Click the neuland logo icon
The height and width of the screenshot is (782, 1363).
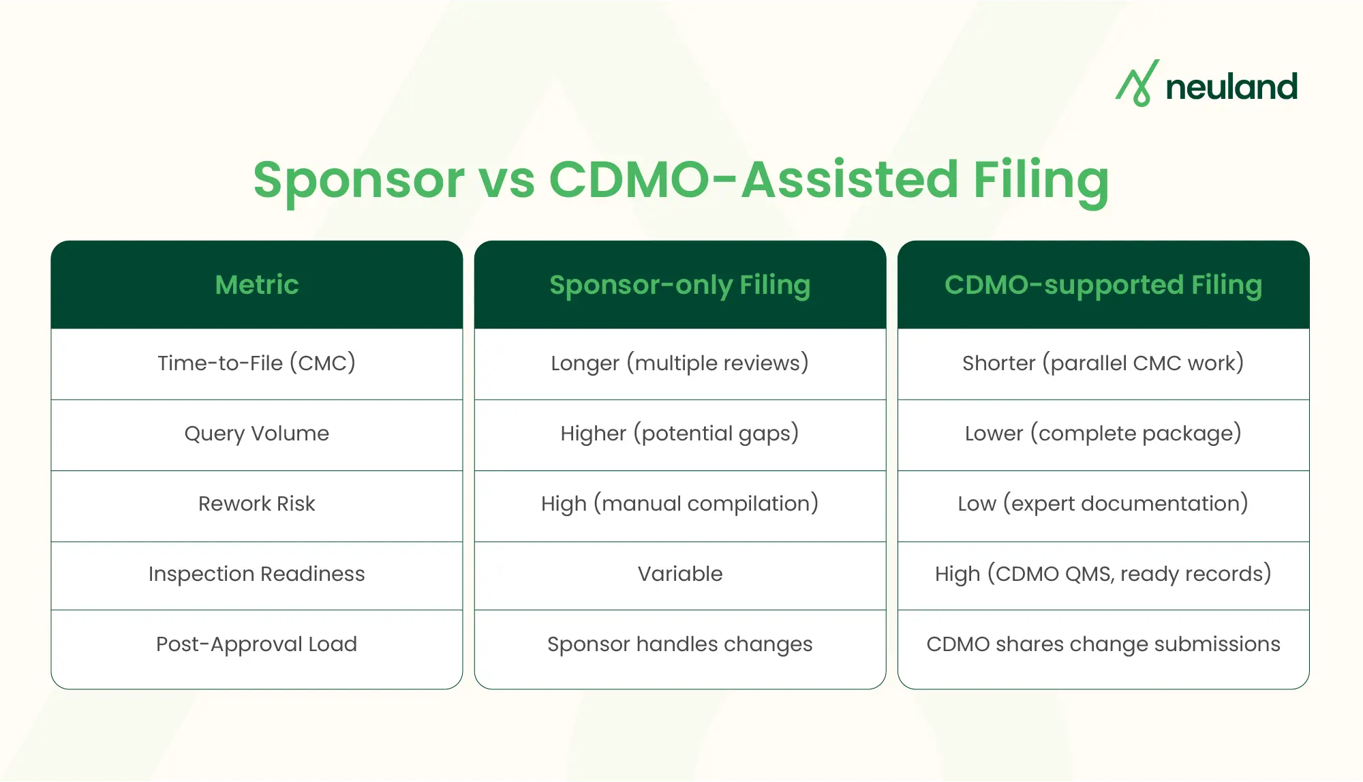pos(1137,84)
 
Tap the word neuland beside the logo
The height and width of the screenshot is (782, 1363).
pos(1231,87)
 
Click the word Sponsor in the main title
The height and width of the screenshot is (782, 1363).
pos(358,180)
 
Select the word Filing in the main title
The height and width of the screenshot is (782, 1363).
pos(1041,180)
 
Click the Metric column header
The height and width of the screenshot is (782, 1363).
pos(257,285)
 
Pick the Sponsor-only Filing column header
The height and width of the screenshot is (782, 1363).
pos(680,285)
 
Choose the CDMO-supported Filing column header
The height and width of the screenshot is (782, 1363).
pos(1103,285)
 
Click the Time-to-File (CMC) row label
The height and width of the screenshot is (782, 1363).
pos(257,363)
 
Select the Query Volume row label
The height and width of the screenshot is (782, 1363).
pos(257,434)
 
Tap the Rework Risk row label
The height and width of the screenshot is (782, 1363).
pos(257,504)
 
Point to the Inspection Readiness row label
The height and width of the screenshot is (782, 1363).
pos(257,574)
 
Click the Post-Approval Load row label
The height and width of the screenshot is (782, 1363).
pos(257,644)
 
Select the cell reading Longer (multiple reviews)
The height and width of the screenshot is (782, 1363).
pos(680,363)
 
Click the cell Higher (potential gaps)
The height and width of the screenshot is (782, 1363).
pos(680,434)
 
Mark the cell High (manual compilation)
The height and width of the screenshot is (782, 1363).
pos(680,504)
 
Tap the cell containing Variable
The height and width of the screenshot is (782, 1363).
pos(680,574)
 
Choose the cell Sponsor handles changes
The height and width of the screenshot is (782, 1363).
pos(680,644)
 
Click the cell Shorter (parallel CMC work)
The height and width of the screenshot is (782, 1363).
pos(1103,363)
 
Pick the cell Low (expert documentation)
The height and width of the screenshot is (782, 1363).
pos(1103,504)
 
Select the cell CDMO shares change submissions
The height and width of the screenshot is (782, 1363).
pos(1103,644)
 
